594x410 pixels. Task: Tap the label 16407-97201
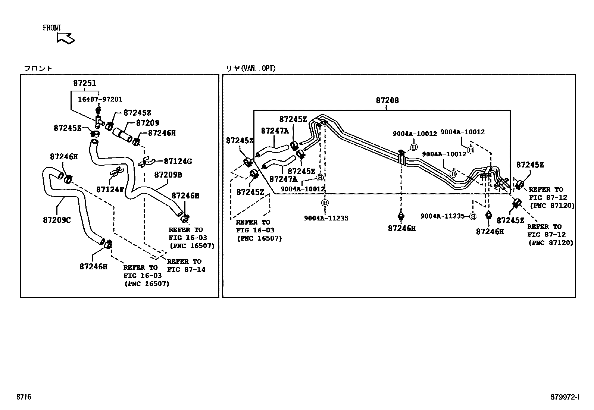(100, 100)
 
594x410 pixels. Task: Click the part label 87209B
(168, 175)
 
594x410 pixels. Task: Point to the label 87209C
(57, 220)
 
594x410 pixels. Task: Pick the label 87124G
(178, 161)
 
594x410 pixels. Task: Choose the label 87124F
(110, 190)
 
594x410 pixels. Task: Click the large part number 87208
(387, 100)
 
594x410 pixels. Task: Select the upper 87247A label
(275, 131)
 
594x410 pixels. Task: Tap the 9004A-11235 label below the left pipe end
(326, 218)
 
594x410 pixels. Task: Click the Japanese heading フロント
(38, 68)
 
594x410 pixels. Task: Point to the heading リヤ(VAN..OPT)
(251, 68)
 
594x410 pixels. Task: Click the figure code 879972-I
(565, 397)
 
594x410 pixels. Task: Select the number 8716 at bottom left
(24, 397)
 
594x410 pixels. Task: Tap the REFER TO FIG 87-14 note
(186, 266)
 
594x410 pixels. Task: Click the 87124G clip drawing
(146, 162)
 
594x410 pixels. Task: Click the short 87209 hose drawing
(122, 135)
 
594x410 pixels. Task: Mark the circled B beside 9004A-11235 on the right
(473, 216)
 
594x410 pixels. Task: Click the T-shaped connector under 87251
(99, 122)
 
